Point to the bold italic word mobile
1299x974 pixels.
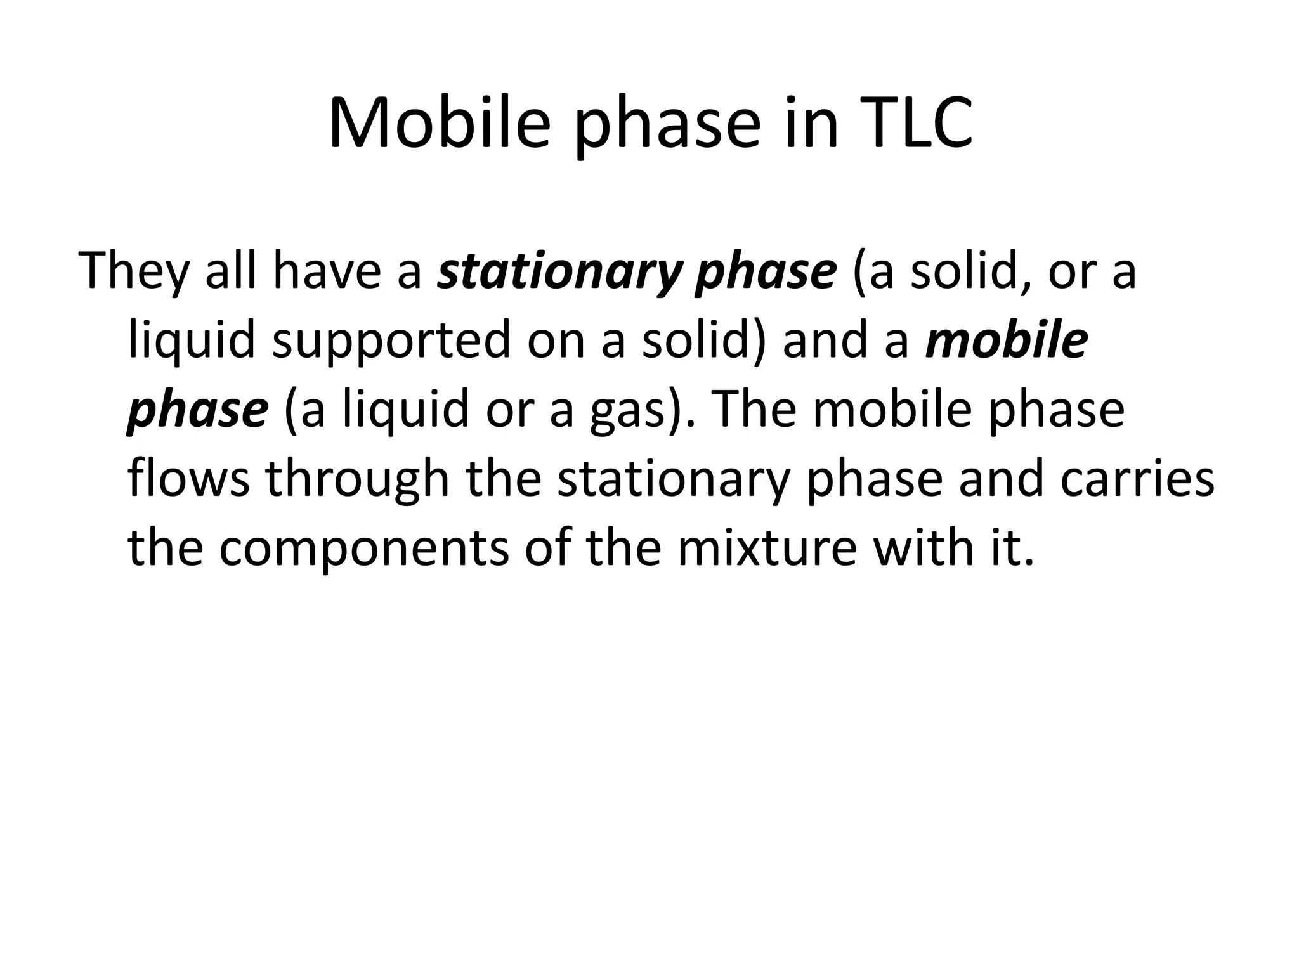pyautogui.click(x=1007, y=341)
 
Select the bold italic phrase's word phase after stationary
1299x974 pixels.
pyautogui.click(x=766, y=271)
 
